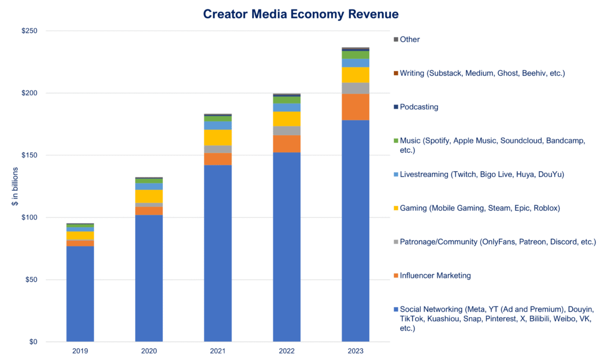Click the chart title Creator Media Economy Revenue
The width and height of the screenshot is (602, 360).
point(300,14)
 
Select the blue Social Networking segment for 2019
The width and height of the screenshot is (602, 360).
point(80,294)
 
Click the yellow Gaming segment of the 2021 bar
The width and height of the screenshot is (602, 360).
point(218,137)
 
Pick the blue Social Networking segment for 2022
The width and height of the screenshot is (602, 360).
point(286,247)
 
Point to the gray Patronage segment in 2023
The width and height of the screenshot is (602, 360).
point(355,88)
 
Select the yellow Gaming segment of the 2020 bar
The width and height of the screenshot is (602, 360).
point(149,196)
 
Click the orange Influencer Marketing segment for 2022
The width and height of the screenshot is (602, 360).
point(286,144)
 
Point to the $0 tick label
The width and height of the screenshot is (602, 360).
point(33,342)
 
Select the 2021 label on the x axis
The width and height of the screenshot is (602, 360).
point(218,351)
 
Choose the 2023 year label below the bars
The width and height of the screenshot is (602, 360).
point(355,351)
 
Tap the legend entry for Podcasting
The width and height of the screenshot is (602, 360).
point(419,107)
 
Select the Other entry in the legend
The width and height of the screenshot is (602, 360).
point(410,39)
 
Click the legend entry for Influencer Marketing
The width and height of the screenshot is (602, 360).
point(435,275)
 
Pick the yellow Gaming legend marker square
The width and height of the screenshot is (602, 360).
point(396,208)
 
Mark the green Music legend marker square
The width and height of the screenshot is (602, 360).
point(396,141)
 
